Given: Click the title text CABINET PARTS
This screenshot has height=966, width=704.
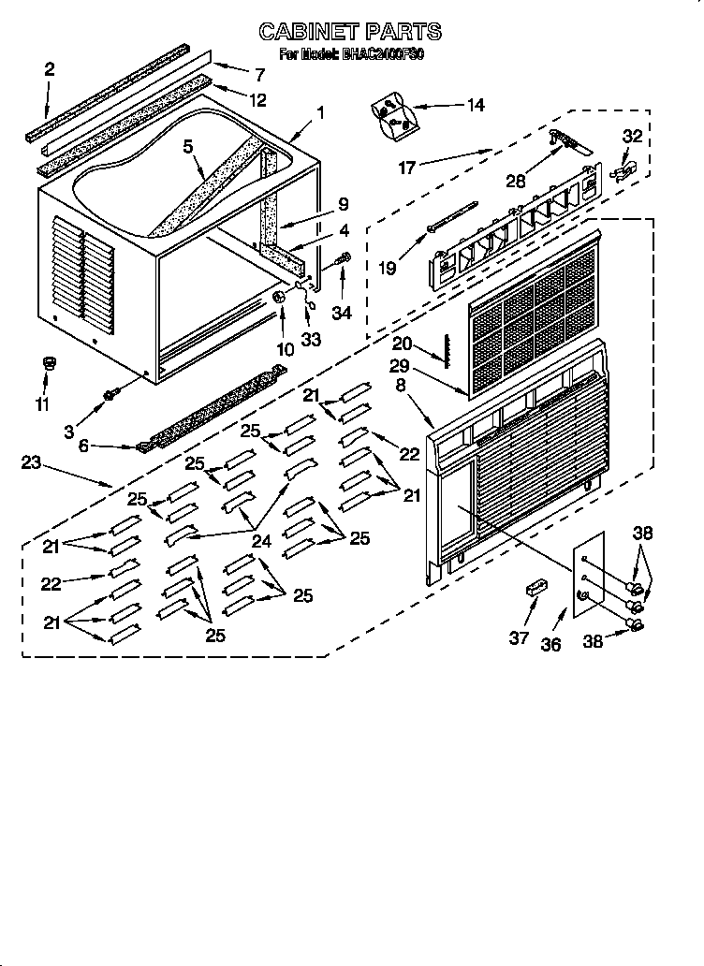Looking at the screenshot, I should point(350,33).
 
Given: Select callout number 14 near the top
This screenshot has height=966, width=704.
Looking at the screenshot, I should point(476,105).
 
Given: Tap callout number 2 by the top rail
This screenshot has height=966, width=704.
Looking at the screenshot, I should point(49,68).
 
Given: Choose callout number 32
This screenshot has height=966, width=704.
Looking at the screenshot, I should point(633,136).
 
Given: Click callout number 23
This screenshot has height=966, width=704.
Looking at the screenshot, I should point(30,462).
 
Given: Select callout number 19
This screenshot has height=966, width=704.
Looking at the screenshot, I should point(387,267).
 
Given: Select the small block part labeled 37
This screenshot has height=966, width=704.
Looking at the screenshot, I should point(535,590).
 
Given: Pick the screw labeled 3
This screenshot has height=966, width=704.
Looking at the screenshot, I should point(110,396).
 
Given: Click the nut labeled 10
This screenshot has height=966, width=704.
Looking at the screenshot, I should point(279,298).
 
